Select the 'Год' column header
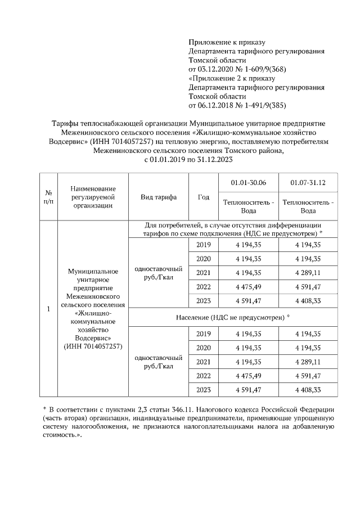(204, 197)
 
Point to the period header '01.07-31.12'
(308, 183)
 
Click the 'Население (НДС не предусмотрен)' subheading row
(233, 318)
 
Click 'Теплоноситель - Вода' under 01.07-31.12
(308, 206)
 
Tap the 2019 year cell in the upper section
(204, 245)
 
